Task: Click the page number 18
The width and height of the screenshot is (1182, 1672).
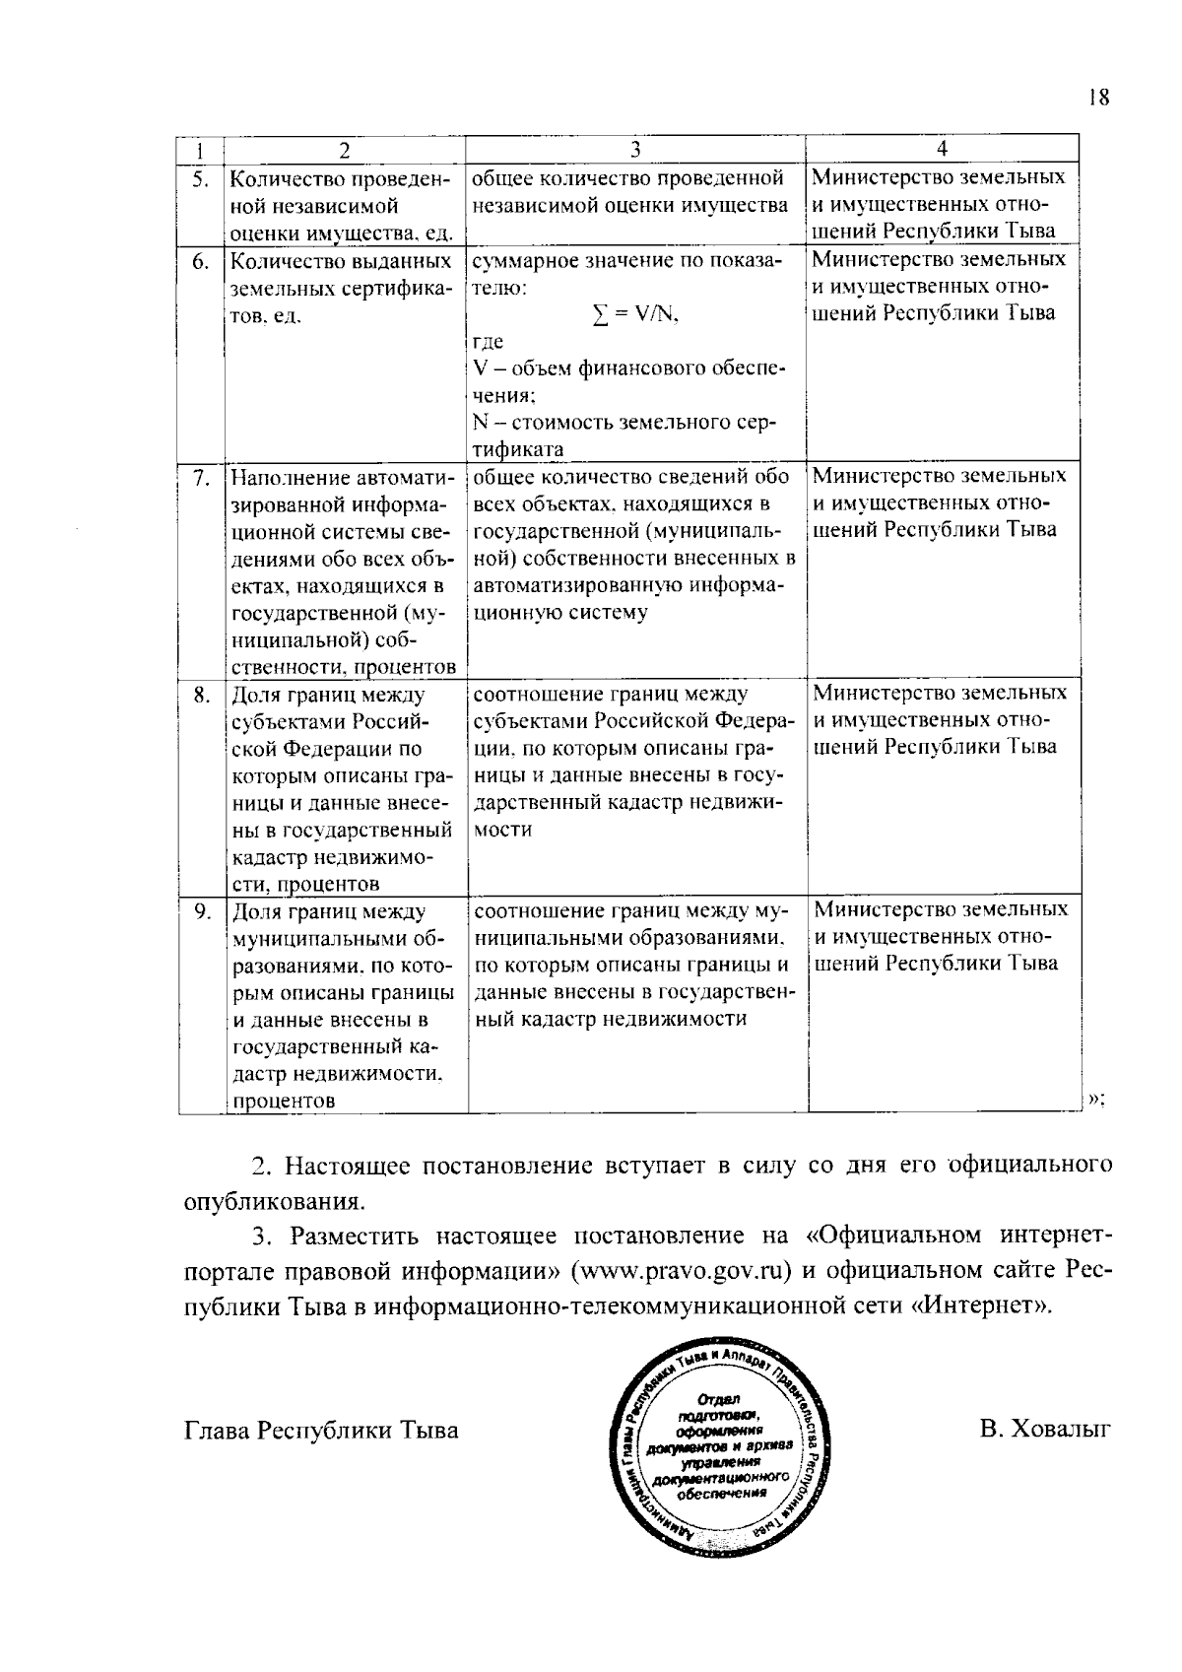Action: tap(1099, 97)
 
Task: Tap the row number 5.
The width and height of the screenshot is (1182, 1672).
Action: tap(200, 179)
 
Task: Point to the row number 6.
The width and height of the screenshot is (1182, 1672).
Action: tap(200, 262)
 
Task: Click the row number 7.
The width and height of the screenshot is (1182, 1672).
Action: tap(200, 479)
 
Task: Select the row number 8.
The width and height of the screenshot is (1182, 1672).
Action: tap(200, 696)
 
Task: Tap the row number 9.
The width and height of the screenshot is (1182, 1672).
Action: tap(200, 912)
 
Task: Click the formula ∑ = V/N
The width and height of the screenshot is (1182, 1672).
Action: tap(636, 315)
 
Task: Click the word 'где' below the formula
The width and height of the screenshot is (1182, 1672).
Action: tap(488, 342)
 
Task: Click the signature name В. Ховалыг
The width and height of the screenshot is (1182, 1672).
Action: tap(1045, 1429)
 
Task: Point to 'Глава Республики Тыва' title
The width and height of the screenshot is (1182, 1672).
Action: tap(321, 1430)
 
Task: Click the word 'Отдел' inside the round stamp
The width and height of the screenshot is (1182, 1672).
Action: tap(718, 1399)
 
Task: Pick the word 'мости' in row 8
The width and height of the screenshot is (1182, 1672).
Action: tap(503, 830)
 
